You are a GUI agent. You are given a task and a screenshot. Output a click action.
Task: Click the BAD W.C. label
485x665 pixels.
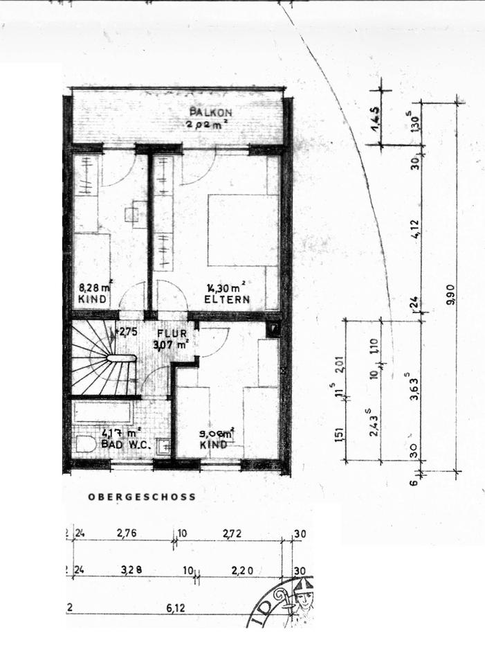[126, 444]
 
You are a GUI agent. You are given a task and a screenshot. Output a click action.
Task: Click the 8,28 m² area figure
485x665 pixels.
[95, 287]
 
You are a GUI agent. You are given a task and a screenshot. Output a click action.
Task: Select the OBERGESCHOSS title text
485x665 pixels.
[142, 497]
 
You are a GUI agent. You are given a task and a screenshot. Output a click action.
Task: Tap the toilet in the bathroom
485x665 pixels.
[86, 444]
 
